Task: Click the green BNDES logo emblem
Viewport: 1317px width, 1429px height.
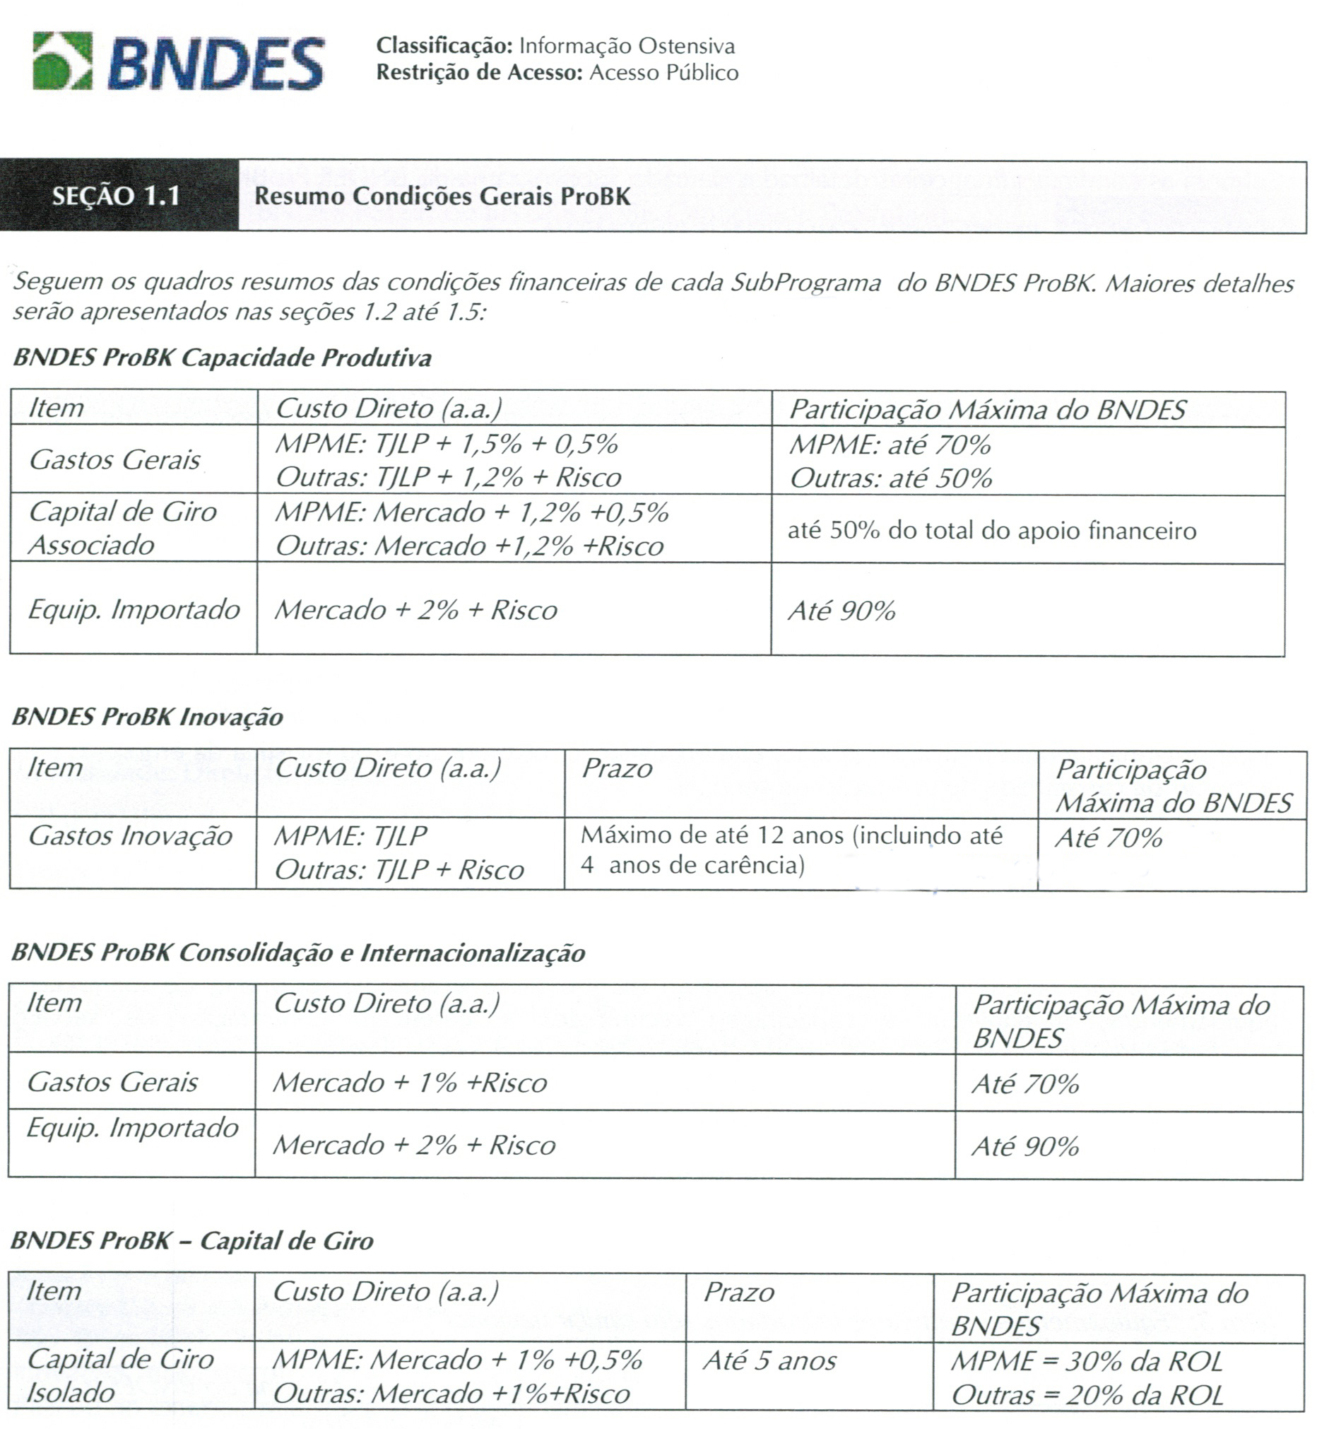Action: (63, 61)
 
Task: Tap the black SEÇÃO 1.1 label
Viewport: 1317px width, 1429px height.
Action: (116, 196)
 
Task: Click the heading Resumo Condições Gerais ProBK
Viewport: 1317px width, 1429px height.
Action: (442, 196)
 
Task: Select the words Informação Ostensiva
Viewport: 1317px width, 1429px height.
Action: (627, 47)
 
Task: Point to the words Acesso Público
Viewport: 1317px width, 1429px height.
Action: (663, 73)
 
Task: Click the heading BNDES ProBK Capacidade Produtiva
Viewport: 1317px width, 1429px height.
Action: (223, 357)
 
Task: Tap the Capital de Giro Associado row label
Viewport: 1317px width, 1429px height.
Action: (122, 528)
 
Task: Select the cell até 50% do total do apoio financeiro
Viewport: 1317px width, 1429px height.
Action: (991, 531)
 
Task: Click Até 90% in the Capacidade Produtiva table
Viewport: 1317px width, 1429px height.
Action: (841, 611)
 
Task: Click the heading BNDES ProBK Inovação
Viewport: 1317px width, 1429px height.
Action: (148, 717)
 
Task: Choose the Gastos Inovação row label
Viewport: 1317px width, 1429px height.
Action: (131, 836)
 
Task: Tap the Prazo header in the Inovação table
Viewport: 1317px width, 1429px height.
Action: (617, 768)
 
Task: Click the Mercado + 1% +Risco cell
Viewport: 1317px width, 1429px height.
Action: (410, 1083)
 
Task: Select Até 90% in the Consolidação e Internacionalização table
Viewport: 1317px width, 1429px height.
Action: (1024, 1146)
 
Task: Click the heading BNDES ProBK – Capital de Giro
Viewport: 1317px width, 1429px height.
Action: (192, 1241)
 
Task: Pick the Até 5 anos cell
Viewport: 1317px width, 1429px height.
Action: (769, 1360)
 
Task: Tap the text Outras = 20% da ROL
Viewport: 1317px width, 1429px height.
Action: (1087, 1395)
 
